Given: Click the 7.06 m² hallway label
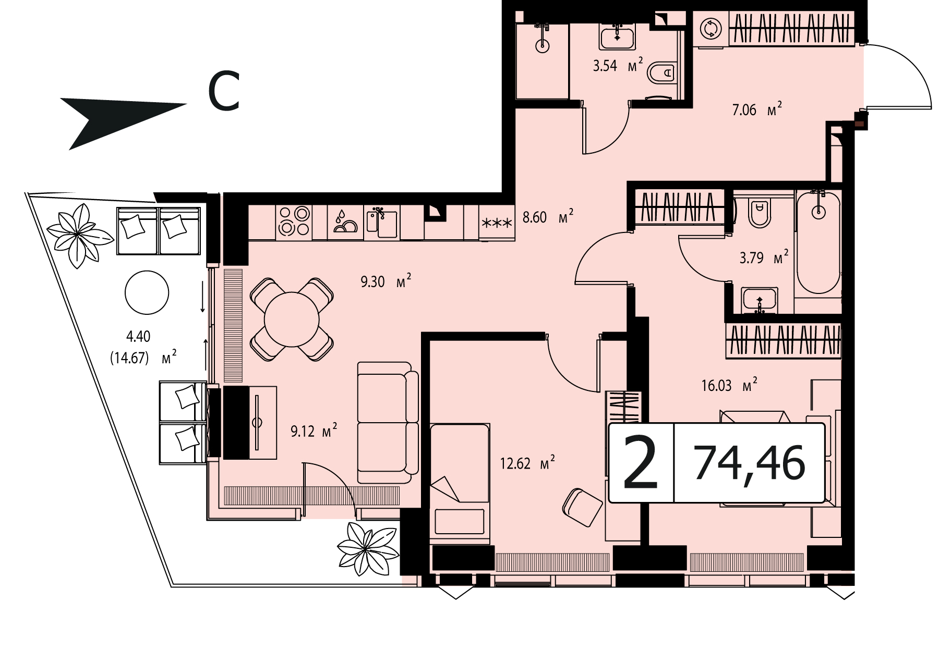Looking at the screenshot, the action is pyautogui.click(x=757, y=109).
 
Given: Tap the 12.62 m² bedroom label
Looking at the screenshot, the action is pyautogui.click(x=527, y=463).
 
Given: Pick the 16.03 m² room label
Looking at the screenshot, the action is pyautogui.click(x=729, y=385).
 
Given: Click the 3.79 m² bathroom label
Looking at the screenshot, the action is pyautogui.click(x=764, y=257).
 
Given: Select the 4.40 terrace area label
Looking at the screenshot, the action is pyautogui.click(x=138, y=336).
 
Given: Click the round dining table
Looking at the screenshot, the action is pyautogui.click(x=292, y=319).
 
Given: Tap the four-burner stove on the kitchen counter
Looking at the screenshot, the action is pyautogui.click(x=294, y=220).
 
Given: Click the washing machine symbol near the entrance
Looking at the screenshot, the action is pyautogui.click(x=710, y=29).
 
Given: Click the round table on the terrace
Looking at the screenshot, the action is pyautogui.click(x=147, y=292).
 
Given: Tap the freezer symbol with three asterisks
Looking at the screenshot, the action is pyautogui.click(x=497, y=224).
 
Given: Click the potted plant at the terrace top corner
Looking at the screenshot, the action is pyautogui.click(x=78, y=236).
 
